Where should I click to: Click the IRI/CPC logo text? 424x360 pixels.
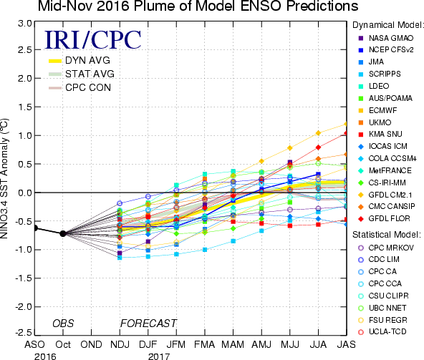(93, 40)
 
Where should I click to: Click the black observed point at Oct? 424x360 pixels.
(63, 233)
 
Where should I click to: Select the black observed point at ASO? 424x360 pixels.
(35, 228)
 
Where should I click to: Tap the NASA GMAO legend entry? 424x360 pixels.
(385, 38)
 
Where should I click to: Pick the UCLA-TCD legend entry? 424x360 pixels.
(382, 331)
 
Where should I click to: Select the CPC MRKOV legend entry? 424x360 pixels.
(385, 248)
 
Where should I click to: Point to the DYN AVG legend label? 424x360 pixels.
(87, 60)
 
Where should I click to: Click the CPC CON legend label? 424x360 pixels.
(88, 87)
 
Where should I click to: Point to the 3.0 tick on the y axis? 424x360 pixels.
(25, 24)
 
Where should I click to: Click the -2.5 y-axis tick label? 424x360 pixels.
(23, 332)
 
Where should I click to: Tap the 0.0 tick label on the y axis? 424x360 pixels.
(25, 193)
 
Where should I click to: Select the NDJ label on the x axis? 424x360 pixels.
(120, 344)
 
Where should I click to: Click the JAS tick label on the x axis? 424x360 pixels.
(347, 344)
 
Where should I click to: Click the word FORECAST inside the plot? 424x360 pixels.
(148, 323)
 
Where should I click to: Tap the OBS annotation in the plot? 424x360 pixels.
(63, 323)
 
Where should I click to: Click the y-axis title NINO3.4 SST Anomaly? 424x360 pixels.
(4, 179)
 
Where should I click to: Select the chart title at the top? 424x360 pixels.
(198, 6)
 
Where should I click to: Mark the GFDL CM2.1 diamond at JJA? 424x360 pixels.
(318, 133)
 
